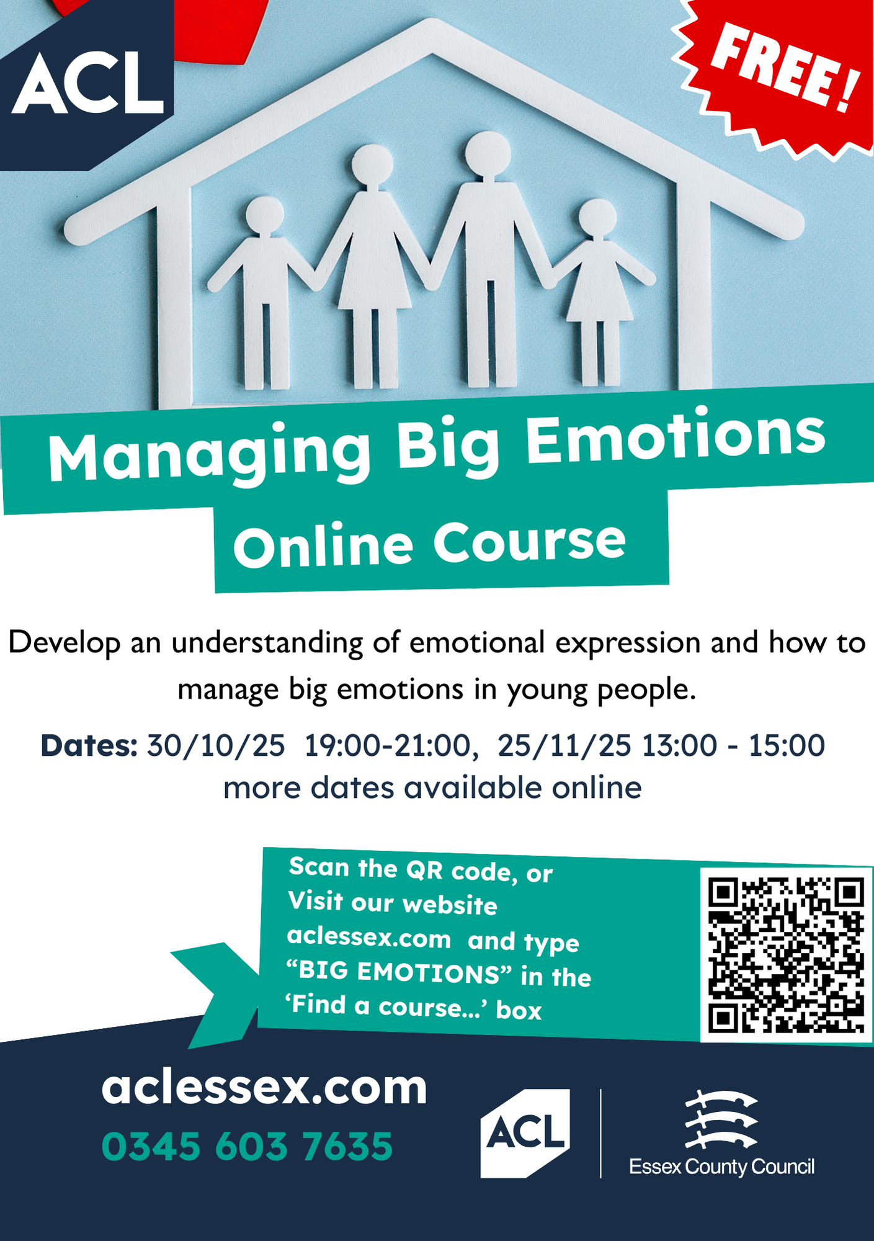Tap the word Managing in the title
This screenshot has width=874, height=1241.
click(x=210, y=456)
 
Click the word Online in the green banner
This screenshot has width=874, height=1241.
click(x=323, y=546)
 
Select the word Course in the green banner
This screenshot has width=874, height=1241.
click(x=529, y=541)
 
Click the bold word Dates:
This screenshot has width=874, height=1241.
click(x=89, y=746)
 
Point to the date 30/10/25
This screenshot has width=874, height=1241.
click(x=215, y=746)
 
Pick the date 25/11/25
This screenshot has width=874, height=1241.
click(x=564, y=746)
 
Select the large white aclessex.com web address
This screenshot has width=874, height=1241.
click(x=264, y=1088)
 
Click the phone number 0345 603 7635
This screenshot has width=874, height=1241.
click(x=247, y=1146)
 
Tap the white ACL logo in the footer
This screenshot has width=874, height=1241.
click(x=525, y=1133)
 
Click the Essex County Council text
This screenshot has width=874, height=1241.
click(x=721, y=1167)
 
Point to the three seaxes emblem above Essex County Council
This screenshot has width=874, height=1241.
click(x=721, y=1119)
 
